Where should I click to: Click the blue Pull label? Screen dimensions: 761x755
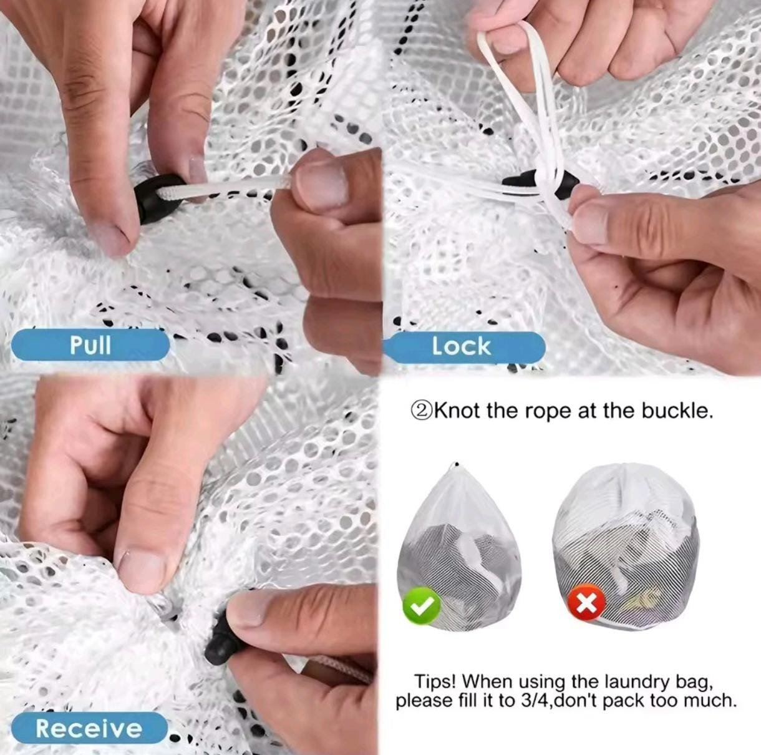pyautogui.click(x=90, y=344)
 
